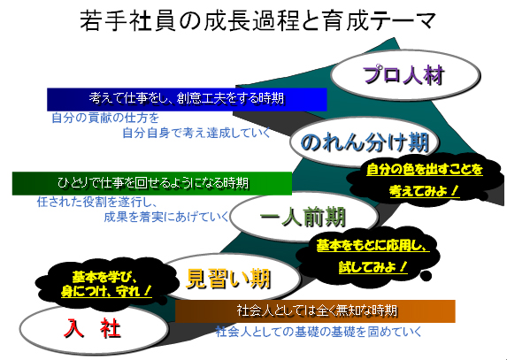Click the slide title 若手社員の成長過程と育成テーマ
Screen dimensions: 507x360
click(257, 21)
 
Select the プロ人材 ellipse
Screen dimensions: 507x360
click(405, 75)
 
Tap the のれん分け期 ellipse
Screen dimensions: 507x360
click(365, 142)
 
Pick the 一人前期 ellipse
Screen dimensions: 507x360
click(304, 217)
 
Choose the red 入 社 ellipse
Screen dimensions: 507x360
click(93, 329)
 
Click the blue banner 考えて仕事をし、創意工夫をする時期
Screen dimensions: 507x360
click(187, 99)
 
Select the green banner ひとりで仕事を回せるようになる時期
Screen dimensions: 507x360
click(152, 183)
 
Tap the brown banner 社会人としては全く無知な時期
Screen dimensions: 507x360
click(315, 311)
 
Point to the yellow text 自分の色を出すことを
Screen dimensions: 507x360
click(425, 169)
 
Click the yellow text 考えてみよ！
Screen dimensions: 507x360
click(424, 191)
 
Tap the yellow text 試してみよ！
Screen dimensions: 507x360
click(373, 267)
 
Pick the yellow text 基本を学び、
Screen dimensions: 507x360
click(105, 277)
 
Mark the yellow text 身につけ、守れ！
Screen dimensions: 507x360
click(106, 291)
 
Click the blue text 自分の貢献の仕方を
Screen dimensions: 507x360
click(105, 118)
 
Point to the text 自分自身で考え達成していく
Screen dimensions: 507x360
click(196, 133)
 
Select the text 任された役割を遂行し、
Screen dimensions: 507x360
click(97, 203)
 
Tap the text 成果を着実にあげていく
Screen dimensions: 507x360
click(166, 217)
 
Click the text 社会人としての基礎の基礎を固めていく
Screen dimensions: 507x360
click(319, 332)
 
